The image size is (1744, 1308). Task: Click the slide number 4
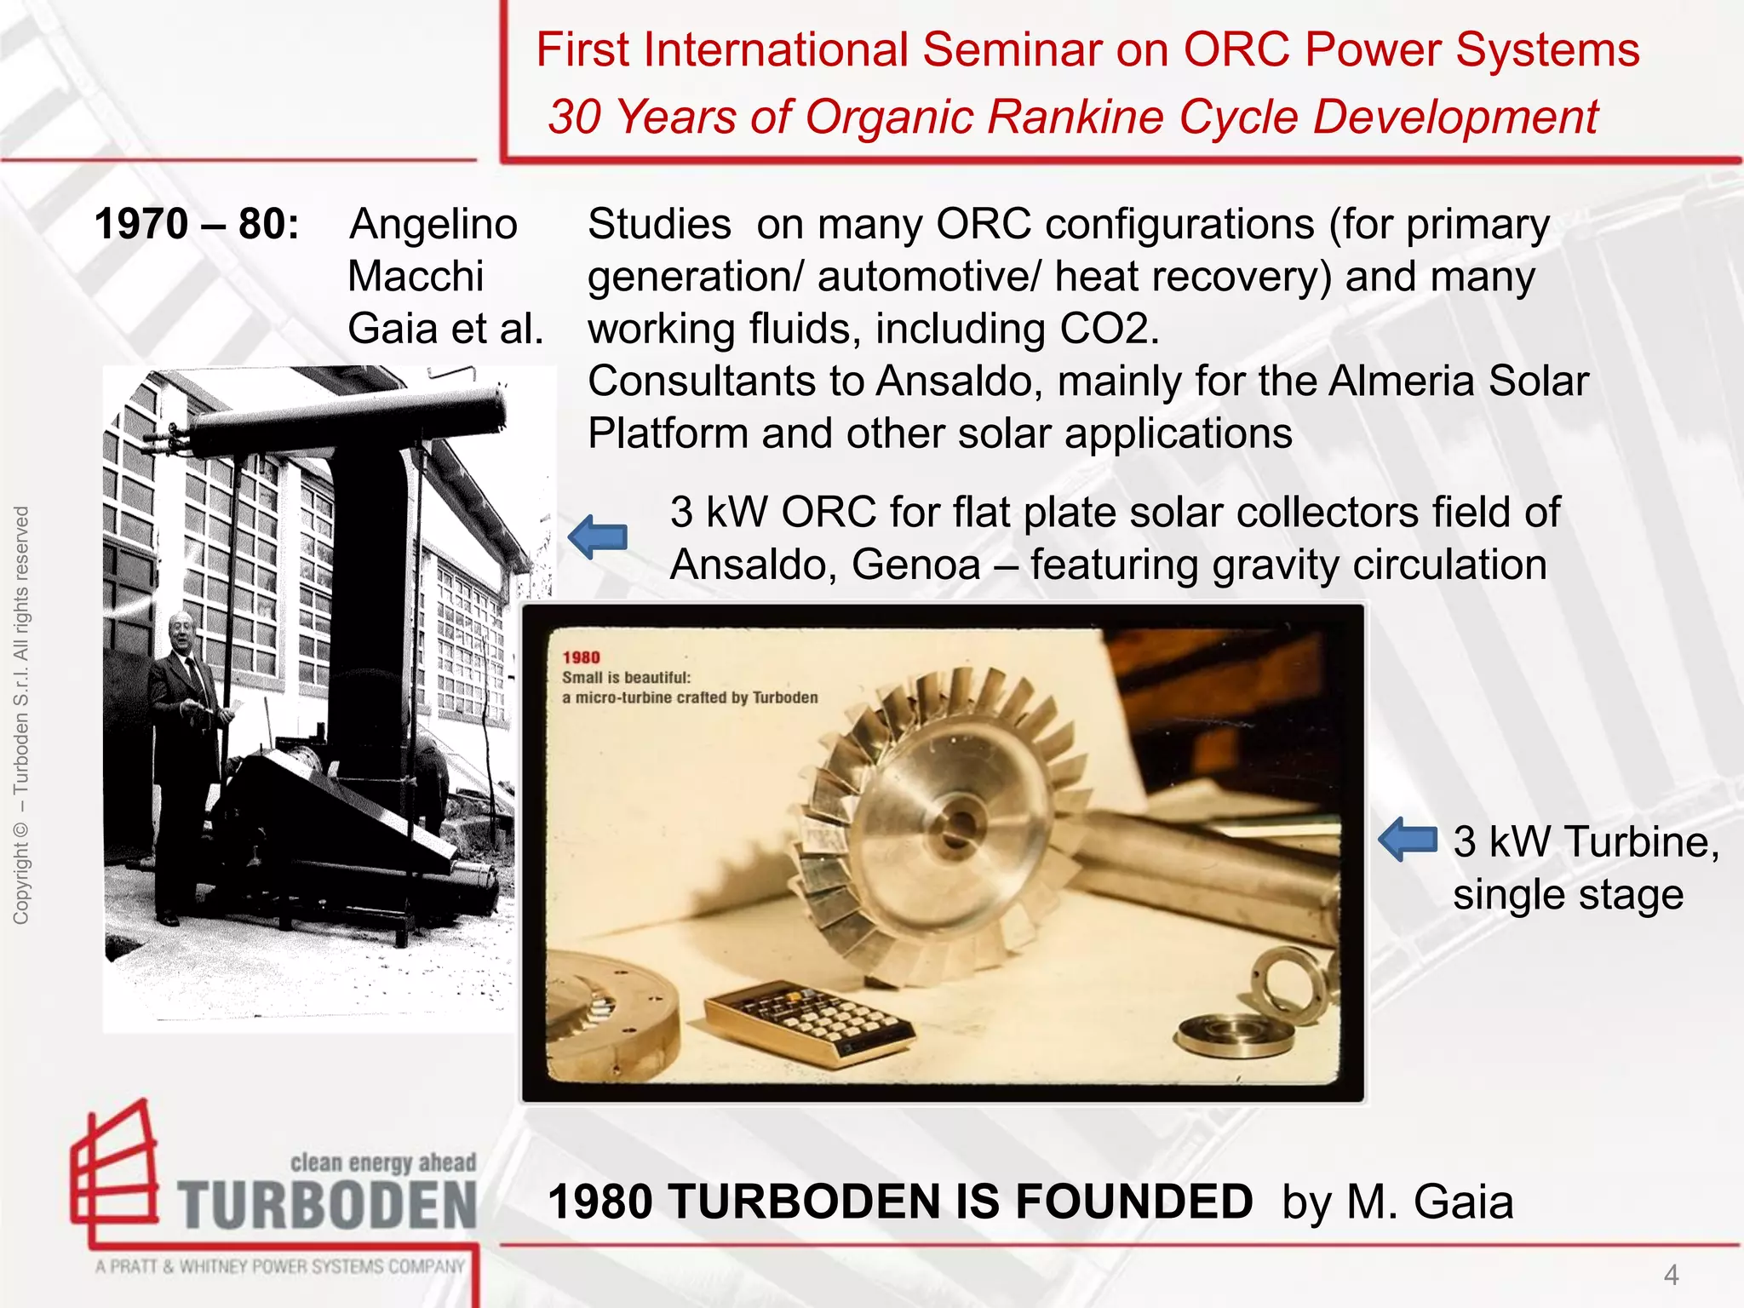(x=1671, y=1275)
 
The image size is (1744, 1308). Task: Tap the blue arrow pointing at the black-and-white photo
(x=598, y=537)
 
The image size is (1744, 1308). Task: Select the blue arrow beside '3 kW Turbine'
(x=1408, y=840)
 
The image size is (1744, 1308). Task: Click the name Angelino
(x=433, y=225)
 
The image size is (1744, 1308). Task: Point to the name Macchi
(x=416, y=277)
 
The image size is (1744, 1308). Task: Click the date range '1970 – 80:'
(x=197, y=225)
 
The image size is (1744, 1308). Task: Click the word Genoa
(x=915, y=565)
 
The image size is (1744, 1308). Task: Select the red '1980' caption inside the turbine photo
(x=582, y=657)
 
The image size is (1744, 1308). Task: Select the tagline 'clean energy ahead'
(x=383, y=1162)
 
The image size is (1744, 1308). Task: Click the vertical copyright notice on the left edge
(x=21, y=715)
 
